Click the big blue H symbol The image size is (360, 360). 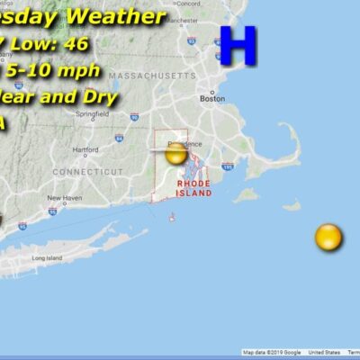(238, 46)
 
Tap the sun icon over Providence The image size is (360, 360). (176, 154)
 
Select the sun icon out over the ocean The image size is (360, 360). (328, 238)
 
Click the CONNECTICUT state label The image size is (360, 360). (87, 171)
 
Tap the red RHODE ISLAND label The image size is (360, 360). (194, 187)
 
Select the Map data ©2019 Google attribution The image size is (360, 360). (272, 353)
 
